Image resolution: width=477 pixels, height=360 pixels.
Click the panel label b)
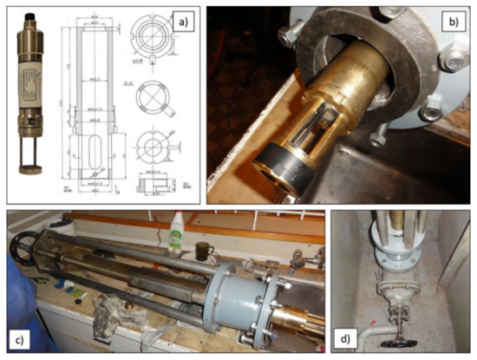tap(452, 16)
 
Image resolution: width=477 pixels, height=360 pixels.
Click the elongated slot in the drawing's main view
tap(87, 159)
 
